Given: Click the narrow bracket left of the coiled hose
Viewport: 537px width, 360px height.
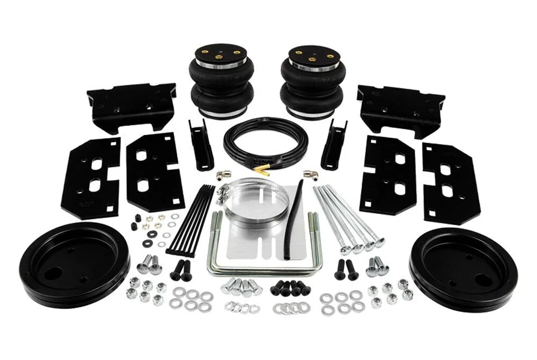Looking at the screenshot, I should (x=201, y=144).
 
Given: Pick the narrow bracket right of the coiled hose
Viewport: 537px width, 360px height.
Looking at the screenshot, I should (x=334, y=144).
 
